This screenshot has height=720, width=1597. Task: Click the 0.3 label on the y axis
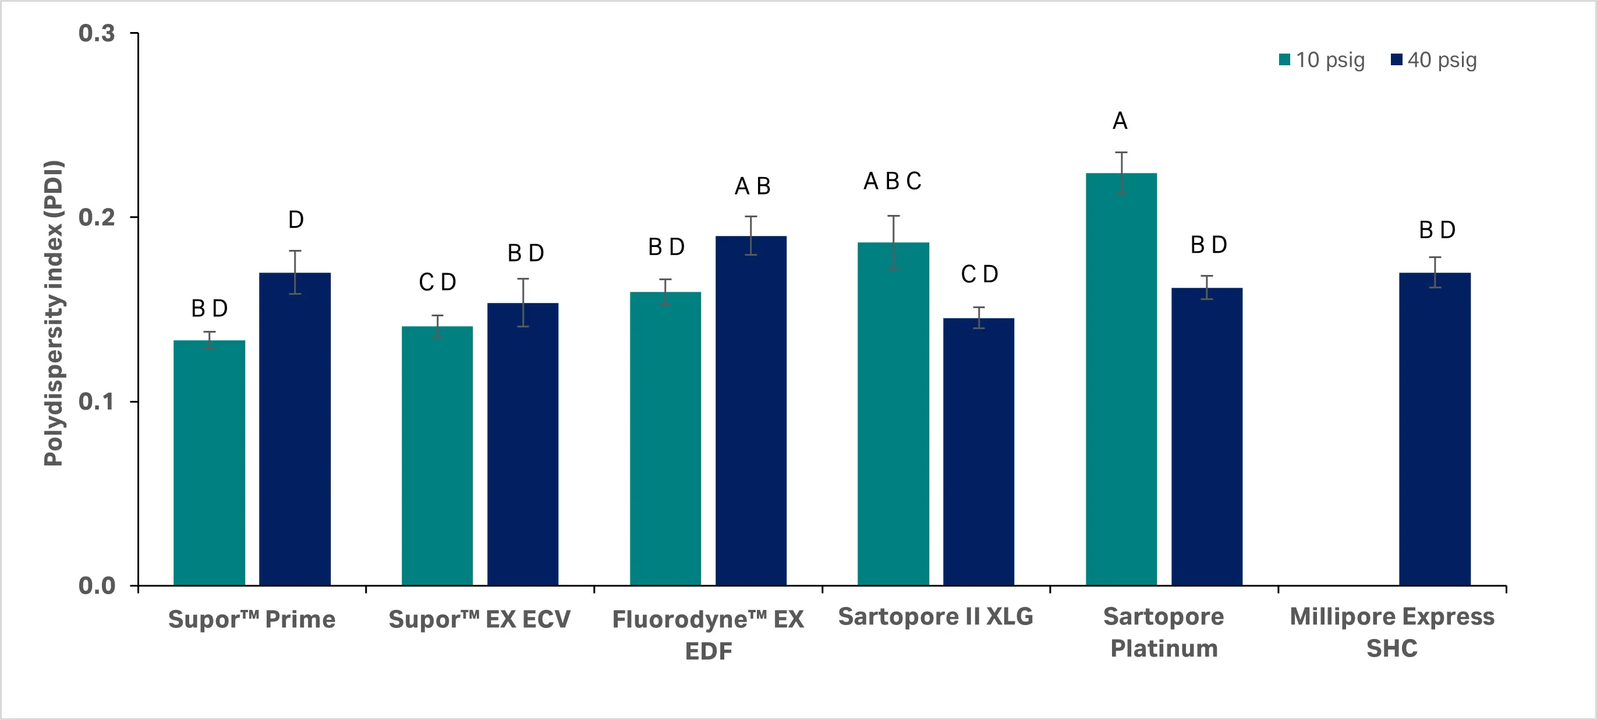[x=97, y=33]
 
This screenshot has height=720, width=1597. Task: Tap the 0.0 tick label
[x=97, y=585]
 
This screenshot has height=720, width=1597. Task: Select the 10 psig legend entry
[x=1322, y=60]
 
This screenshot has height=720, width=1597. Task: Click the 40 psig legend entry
[x=1434, y=60]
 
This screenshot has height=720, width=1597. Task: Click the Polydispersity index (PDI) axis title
[x=54, y=313]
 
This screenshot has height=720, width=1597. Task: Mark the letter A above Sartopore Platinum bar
[x=1120, y=121]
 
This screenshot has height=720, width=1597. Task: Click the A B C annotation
[x=892, y=181]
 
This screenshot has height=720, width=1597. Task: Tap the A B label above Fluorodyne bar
[x=752, y=186]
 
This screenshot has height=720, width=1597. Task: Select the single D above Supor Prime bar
[x=296, y=220]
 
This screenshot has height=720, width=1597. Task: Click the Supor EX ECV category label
[x=479, y=619]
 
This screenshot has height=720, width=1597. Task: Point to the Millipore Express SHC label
[x=1392, y=632]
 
